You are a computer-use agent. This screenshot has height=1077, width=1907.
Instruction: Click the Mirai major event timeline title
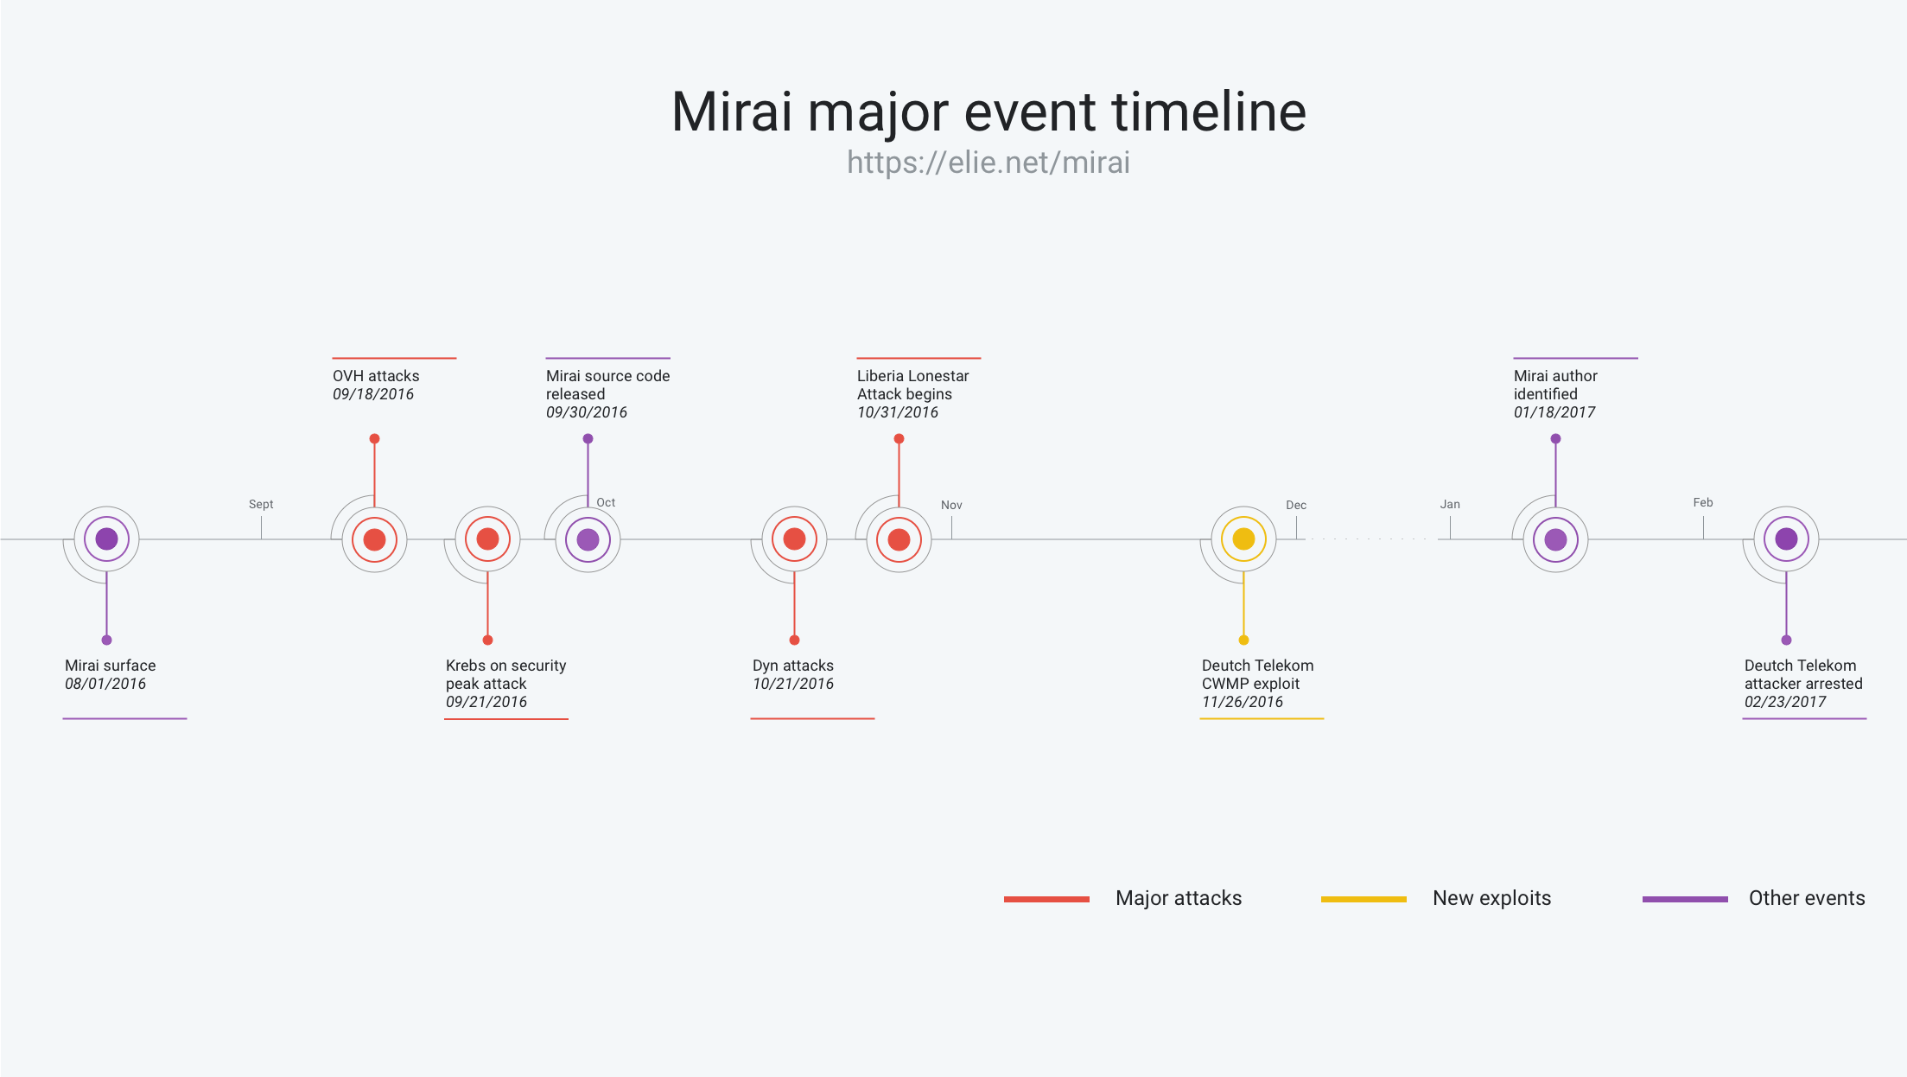tap(988, 112)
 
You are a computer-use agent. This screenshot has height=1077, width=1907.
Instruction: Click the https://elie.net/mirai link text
tap(988, 163)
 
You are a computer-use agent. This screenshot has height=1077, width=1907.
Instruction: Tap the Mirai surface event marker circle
tap(106, 539)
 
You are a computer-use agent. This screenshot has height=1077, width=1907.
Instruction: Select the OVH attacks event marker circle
tap(374, 539)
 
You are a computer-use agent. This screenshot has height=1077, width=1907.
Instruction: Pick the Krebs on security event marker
tap(487, 539)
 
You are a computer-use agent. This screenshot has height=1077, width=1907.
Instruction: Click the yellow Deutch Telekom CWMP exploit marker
tap(1243, 539)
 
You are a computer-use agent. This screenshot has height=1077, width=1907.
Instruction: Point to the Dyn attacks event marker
tap(794, 539)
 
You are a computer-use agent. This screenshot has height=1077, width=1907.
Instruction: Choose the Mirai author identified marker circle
tap(1555, 539)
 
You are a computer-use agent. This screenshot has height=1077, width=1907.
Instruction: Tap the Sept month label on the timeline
tap(261, 504)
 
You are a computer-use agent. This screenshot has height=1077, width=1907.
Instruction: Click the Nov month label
tap(951, 505)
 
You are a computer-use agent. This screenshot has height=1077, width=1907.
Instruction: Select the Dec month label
tap(1296, 505)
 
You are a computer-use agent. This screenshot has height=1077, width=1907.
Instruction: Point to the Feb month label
tap(1703, 502)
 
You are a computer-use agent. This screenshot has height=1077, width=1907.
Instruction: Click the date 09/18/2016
tap(373, 394)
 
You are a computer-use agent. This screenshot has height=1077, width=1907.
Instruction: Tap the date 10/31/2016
tap(898, 412)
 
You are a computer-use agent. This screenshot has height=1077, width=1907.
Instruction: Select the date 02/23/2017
tap(1785, 702)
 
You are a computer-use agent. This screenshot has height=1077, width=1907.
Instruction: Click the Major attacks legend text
tap(1179, 898)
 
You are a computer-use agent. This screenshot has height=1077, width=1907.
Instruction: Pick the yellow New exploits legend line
tap(1364, 899)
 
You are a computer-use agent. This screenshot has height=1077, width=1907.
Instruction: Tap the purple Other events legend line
tap(1685, 899)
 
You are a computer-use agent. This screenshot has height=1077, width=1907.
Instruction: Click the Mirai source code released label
tap(608, 385)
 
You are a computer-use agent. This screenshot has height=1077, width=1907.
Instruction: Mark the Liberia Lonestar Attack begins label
tap(913, 385)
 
